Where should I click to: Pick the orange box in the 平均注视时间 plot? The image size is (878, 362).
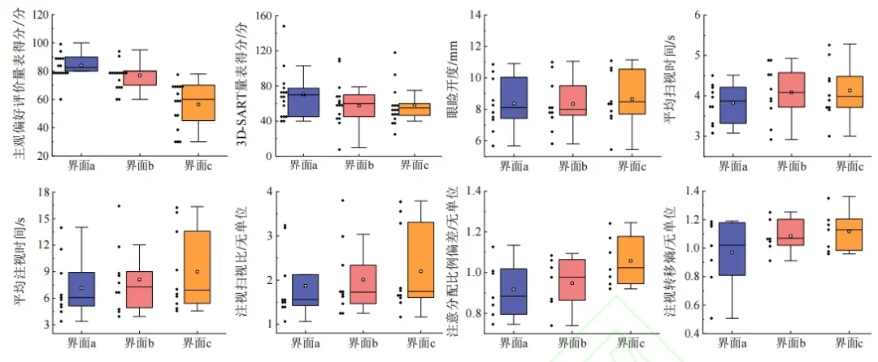click(x=197, y=268)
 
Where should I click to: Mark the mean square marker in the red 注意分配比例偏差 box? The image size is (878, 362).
click(x=573, y=282)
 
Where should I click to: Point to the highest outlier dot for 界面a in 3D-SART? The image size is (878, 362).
click(x=284, y=26)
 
